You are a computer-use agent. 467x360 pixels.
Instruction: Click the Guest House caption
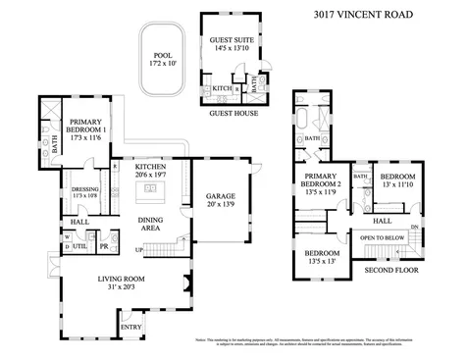click(233, 113)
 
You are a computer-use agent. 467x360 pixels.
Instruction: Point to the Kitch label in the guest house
click(222, 89)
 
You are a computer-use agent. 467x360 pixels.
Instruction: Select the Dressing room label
click(85, 192)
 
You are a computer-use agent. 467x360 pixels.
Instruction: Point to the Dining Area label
click(151, 224)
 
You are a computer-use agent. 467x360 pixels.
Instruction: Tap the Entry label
click(130, 327)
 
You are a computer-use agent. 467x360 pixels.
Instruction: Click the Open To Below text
click(381, 238)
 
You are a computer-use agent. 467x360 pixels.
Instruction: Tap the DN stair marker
click(414, 228)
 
